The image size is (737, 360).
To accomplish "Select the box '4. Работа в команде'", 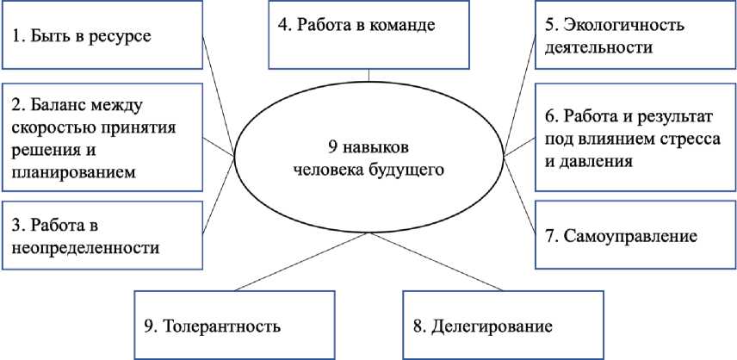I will click(368, 34).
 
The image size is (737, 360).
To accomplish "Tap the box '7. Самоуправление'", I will click(634, 233).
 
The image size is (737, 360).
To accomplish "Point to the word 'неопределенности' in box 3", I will click(86, 248).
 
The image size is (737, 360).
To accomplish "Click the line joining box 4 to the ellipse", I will click(368, 77).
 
